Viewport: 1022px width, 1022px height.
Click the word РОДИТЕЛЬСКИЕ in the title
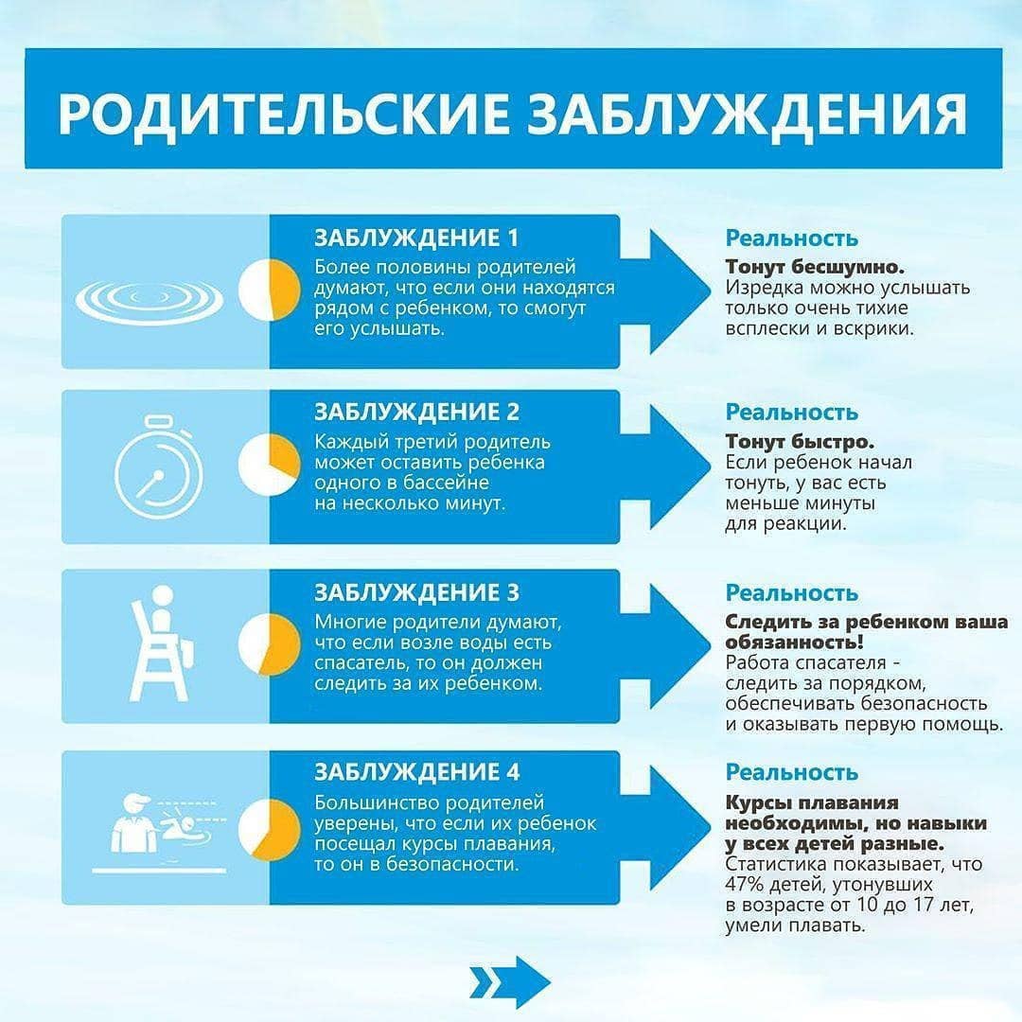click(283, 114)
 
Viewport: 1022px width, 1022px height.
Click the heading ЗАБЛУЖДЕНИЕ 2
click(416, 413)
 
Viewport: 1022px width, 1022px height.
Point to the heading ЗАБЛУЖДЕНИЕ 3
click(416, 593)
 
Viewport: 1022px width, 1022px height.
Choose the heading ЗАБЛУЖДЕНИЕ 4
click(416, 772)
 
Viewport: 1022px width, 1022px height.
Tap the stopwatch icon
click(158, 467)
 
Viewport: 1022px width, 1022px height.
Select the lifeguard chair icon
click(161, 643)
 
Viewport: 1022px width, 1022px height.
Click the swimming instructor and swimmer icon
click(160, 833)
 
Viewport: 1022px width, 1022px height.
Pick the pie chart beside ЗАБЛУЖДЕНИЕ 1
click(269, 291)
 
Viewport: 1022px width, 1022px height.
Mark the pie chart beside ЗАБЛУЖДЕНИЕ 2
click(269, 465)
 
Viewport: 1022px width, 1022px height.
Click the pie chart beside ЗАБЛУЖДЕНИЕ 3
click(269, 644)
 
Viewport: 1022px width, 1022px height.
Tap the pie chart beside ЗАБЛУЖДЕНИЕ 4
click(269, 830)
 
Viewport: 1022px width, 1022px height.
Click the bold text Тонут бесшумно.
click(815, 267)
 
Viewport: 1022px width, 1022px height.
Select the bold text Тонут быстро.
click(800, 442)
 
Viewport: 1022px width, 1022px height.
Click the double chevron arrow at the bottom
click(510, 982)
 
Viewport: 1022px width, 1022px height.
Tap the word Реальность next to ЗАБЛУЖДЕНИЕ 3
click(792, 593)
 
